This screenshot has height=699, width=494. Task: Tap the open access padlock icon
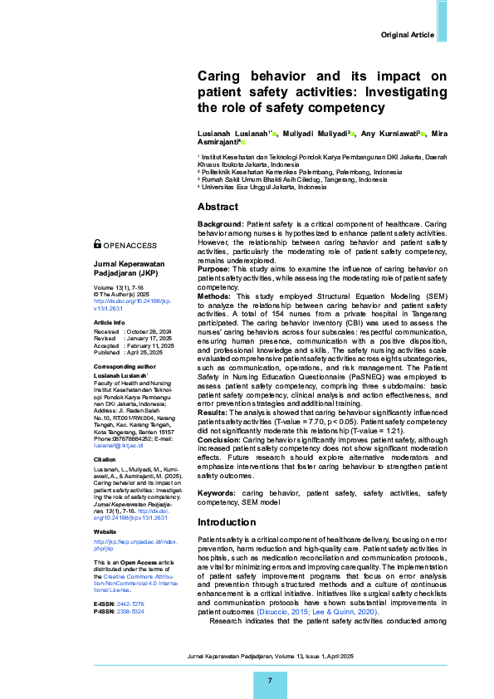[x=98, y=245]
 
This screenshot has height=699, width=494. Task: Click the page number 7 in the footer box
[x=269, y=681]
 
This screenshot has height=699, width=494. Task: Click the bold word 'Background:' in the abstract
[x=220, y=225]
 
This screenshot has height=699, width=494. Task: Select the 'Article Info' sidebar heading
[x=109, y=321]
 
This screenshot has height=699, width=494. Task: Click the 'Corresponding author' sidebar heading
[x=124, y=365]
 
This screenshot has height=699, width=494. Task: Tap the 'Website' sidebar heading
[x=105, y=530]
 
